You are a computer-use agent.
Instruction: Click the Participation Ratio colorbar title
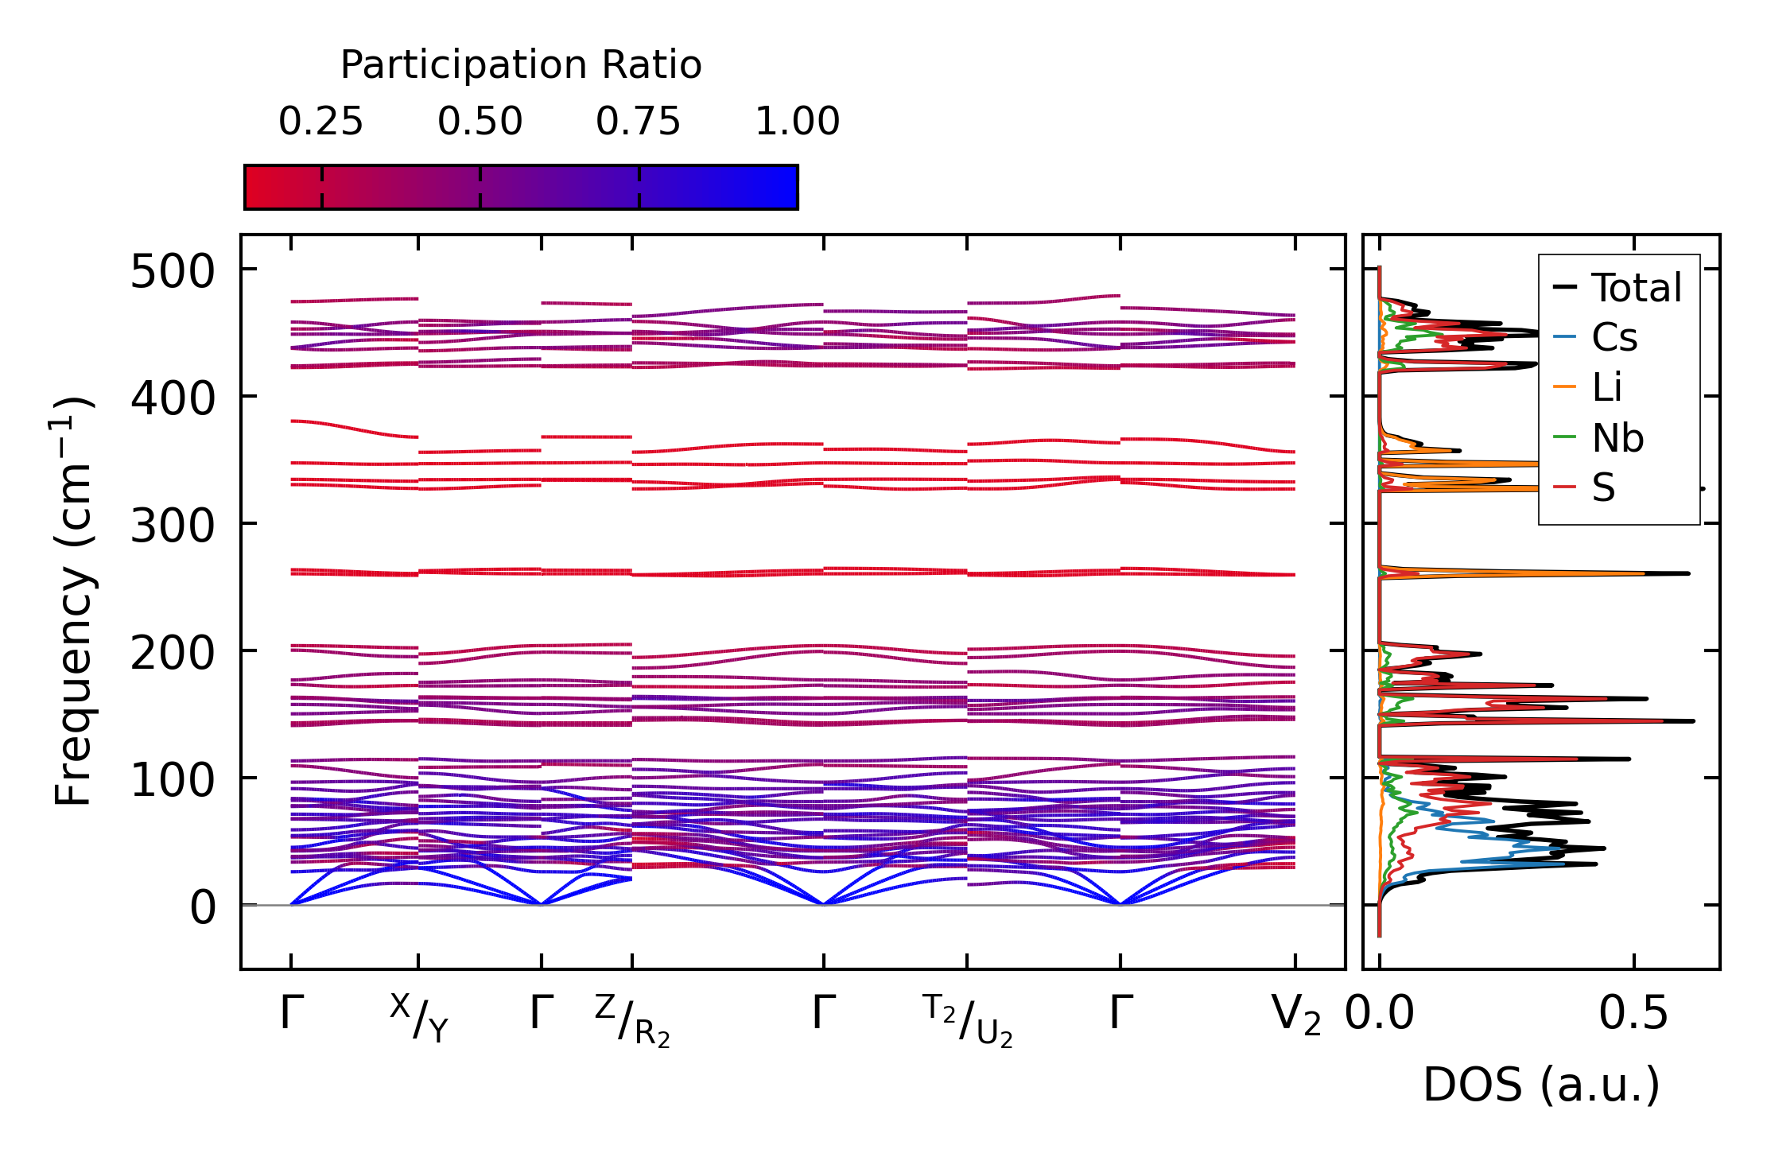click(521, 65)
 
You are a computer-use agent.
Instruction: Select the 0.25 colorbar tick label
click(320, 122)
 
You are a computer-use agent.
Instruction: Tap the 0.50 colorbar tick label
click(480, 122)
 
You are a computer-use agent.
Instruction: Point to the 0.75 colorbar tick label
click(638, 122)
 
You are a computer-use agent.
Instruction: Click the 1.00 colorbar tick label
click(797, 122)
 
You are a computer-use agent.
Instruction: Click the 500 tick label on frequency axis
click(173, 273)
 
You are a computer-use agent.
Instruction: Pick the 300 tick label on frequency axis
click(173, 526)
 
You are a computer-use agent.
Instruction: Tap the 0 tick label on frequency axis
click(202, 907)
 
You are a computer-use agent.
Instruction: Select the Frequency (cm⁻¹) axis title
click(73, 601)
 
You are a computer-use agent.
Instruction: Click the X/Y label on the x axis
click(419, 1019)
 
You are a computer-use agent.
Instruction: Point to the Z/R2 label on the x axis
click(632, 1021)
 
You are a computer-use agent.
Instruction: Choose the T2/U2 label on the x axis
click(967, 1021)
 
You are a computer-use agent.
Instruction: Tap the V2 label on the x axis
click(1296, 1015)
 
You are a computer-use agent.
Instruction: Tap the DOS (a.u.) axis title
click(1541, 1085)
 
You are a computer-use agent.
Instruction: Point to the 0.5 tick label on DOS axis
click(1633, 1014)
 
